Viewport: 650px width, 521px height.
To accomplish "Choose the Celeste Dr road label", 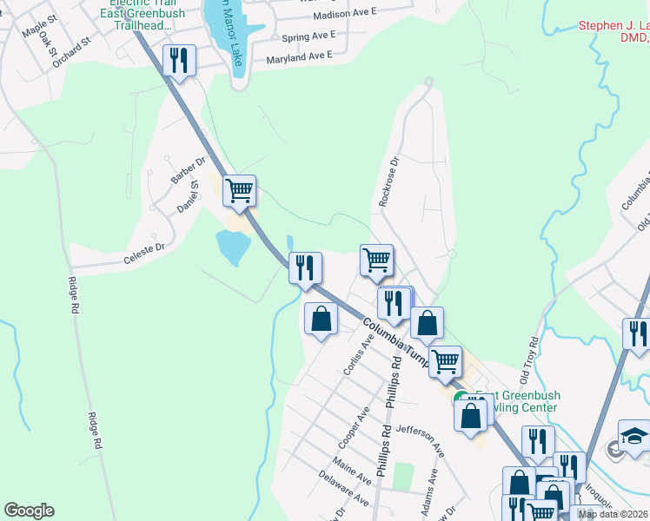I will (x=143, y=248).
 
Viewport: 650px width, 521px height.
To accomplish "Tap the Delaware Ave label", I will (x=344, y=496).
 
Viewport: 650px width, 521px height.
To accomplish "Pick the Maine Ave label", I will (x=352, y=474).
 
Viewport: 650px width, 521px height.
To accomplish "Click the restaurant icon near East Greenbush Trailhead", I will (x=179, y=60).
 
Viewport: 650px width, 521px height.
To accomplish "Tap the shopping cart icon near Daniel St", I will (x=239, y=189).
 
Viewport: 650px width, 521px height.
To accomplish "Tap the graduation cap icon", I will (x=633, y=435).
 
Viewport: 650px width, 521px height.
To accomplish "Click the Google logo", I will (x=29, y=511).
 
